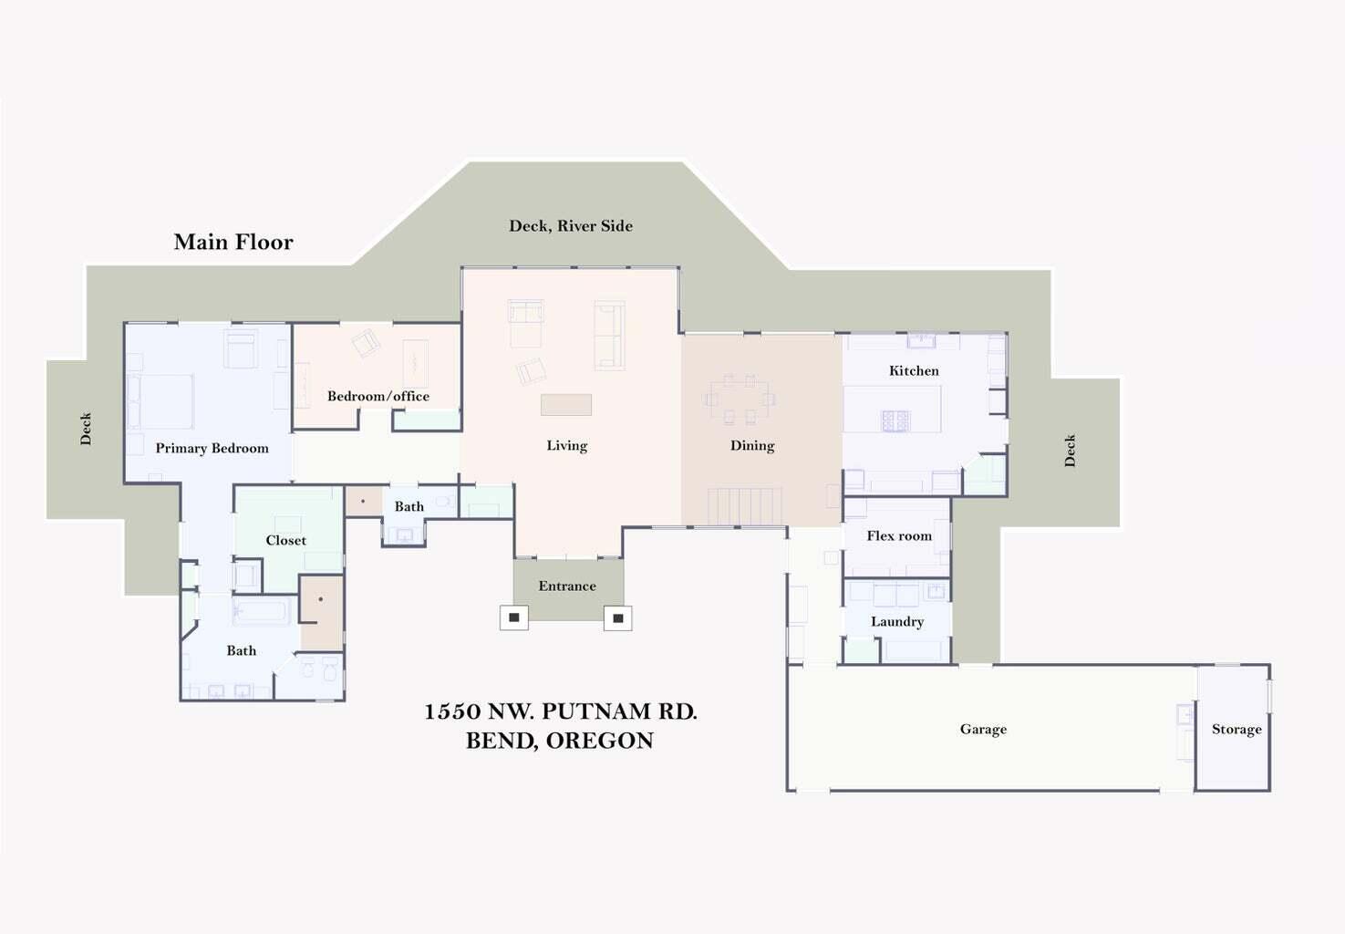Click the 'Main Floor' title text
(233, 242)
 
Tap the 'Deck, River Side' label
(571, 226)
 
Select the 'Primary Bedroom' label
(212, 448)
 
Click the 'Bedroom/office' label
(378, 396)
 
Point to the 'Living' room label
(566, 445)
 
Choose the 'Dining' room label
(752, 445)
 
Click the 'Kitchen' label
(914, 370)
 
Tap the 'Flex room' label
(899, 535)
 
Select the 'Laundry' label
(897, 621)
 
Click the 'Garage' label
(983, 729)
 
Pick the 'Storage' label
(1236, 729)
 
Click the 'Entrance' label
(567, 586)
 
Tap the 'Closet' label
(285, 540)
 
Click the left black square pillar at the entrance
(514, 617)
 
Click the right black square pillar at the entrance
(618, 618)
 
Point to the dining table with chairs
(740, 400)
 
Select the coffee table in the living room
(566, 404)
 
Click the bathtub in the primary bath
(263, 611)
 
